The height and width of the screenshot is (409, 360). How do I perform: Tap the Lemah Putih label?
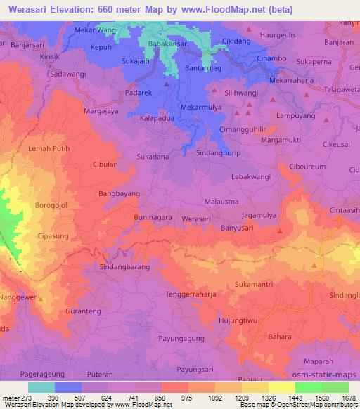[49, 149]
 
